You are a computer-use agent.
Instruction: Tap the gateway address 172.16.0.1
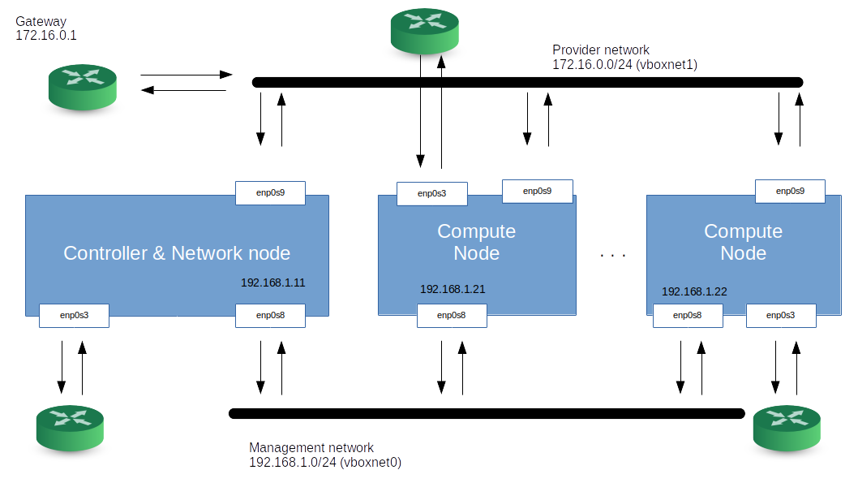coord(46,37)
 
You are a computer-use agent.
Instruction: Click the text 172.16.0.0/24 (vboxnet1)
coord(624,63)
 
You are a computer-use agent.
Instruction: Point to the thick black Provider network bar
coord(527,82)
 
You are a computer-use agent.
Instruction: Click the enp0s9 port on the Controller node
coord(270,192)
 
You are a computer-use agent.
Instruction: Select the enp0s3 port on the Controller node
coord(74,315)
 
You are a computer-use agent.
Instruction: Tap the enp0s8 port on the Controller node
coord(270,315)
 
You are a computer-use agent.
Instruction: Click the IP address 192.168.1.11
coord(272,283)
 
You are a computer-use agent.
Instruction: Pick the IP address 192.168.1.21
coord(453,289)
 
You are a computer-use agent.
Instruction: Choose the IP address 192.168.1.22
coord(694,291)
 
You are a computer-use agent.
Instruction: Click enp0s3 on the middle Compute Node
coord(431,194)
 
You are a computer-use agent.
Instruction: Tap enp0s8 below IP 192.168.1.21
coord(452,315)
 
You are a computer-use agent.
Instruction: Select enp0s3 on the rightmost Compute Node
coord(780,315)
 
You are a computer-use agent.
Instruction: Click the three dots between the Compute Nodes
coord(613,256)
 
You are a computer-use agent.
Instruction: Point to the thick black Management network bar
coord(487,414)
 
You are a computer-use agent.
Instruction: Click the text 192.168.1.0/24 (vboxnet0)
coord(325,463)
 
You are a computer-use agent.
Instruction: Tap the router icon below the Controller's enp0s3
coord(71,427)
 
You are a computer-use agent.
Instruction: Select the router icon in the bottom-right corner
coord(786,427)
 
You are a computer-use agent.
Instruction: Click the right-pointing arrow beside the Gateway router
coord(187,75)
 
